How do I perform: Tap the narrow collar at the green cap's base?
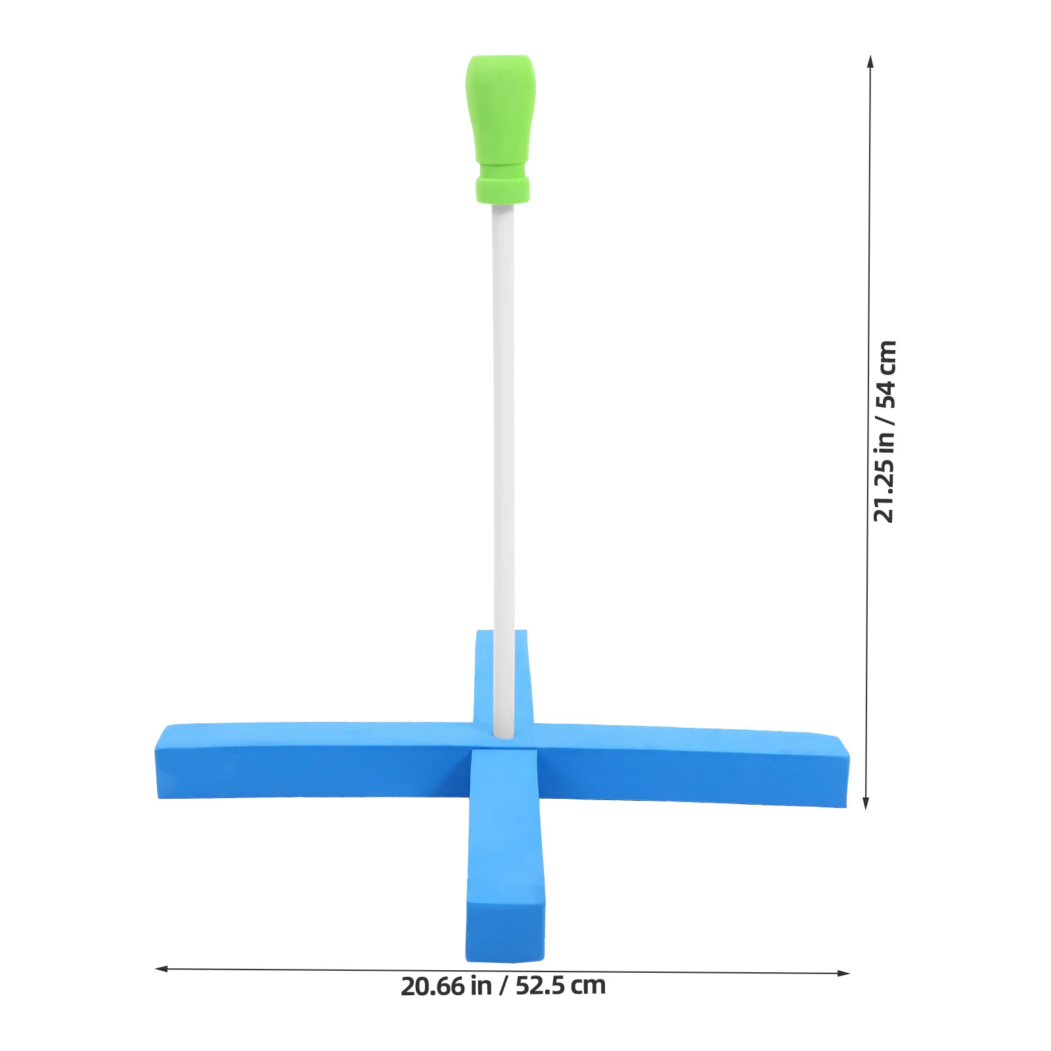[503, 189]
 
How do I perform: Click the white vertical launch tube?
[503, 427]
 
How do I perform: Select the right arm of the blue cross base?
[690, 765]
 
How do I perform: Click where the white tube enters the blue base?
[504, 732]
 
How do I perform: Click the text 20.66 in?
[446, 987]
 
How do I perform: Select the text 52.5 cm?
[560, 986]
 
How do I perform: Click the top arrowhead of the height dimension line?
[870, 60]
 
